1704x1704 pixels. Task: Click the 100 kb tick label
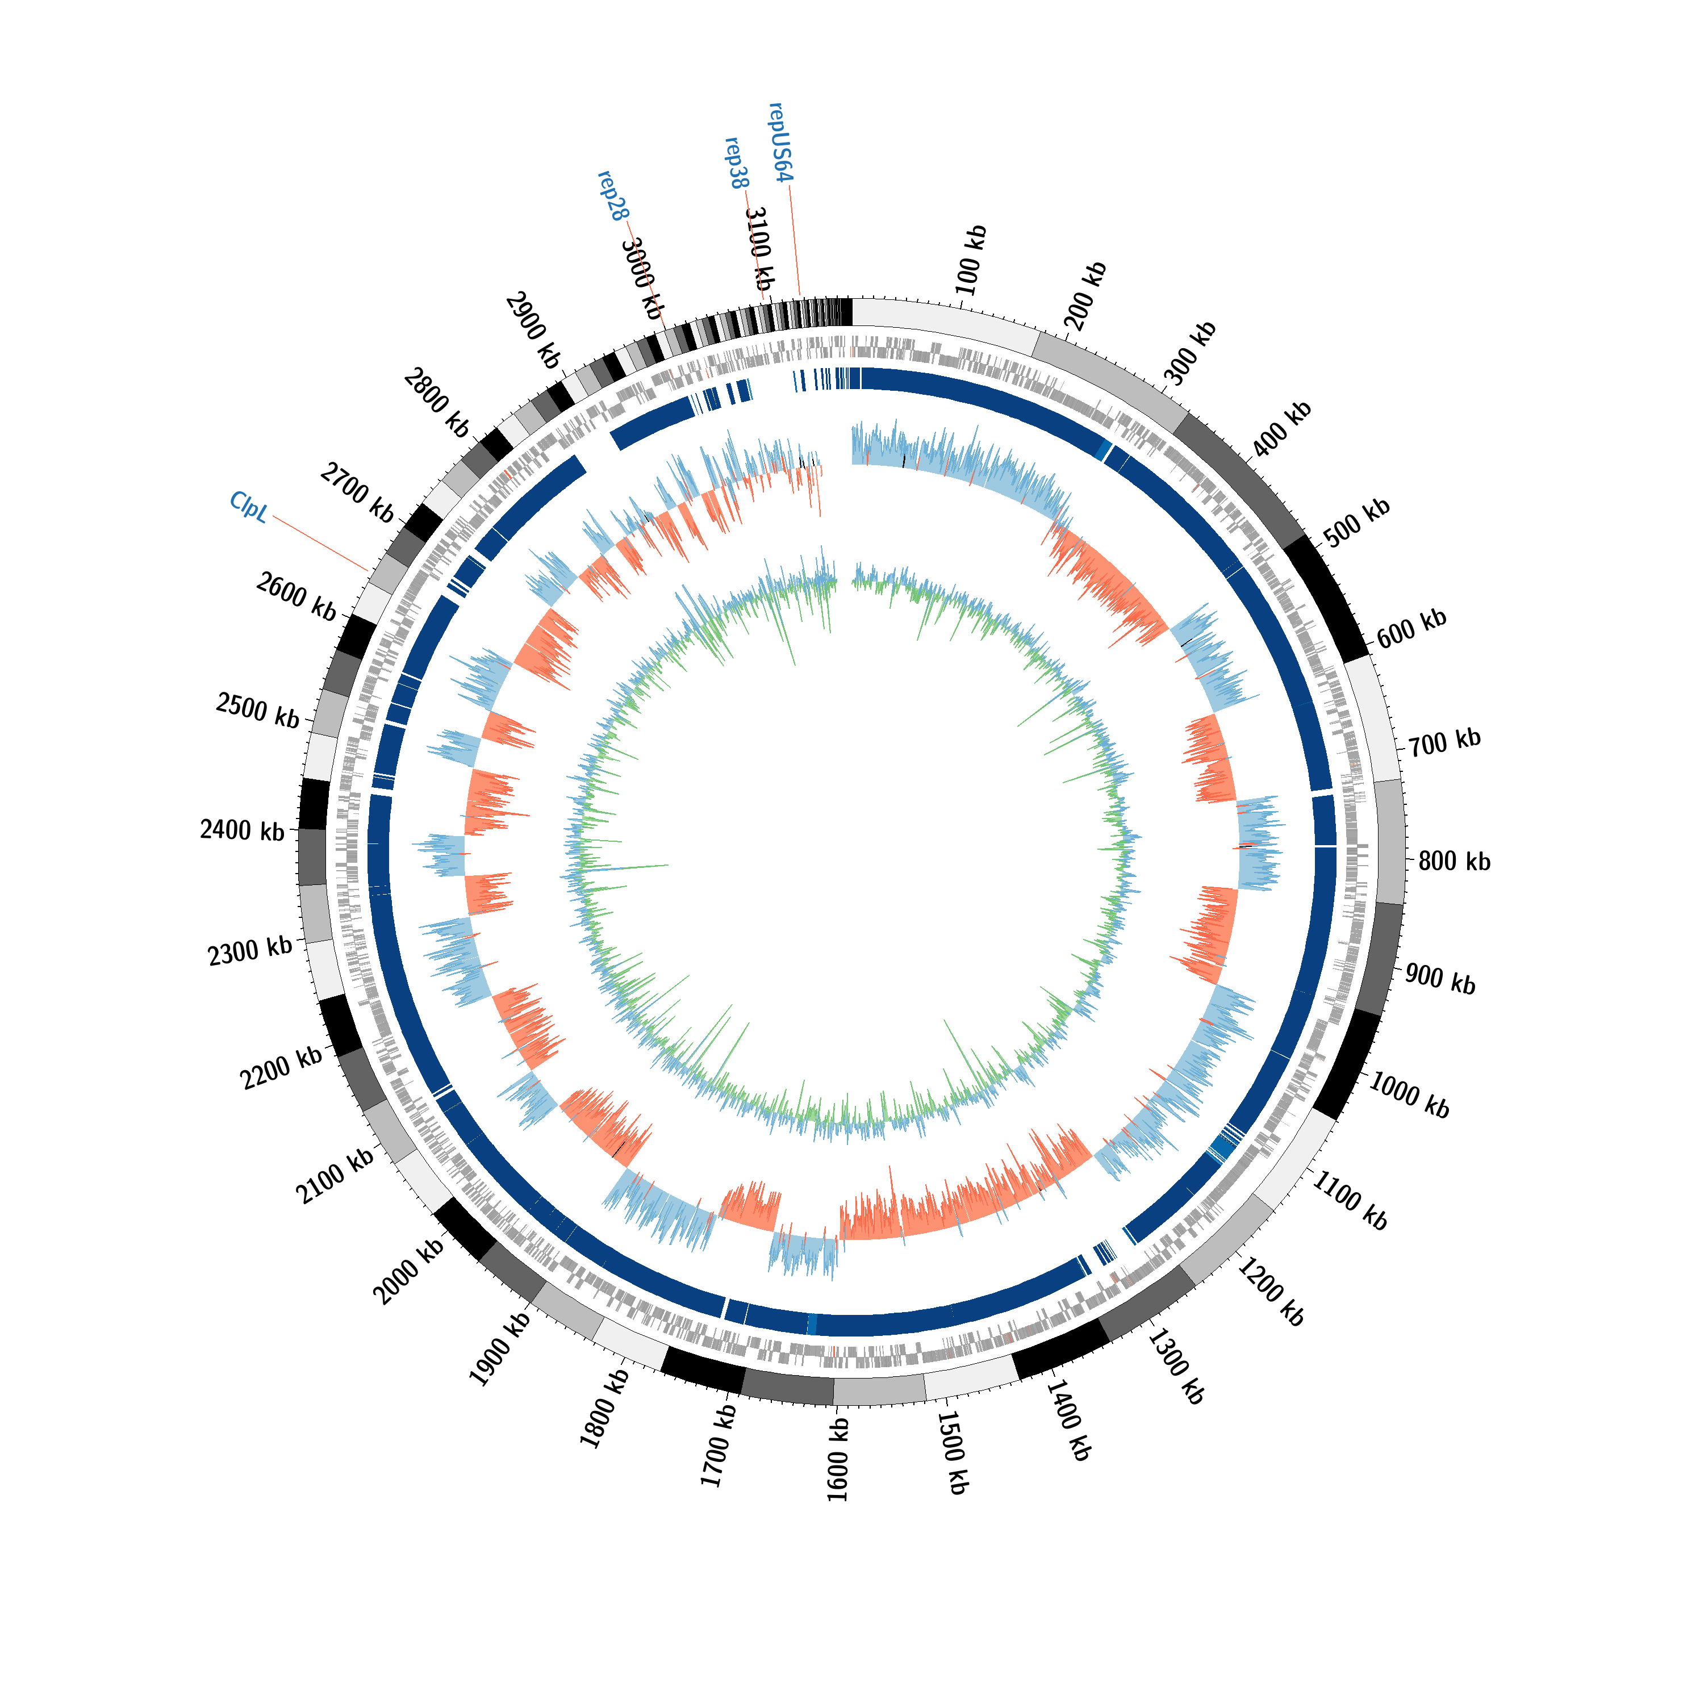(971, 260)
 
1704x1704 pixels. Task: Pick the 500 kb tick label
(1358, 522)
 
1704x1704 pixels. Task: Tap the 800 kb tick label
(1455, 861)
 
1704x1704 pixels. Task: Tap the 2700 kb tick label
(356, 492)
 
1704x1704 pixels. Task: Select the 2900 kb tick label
(533, 331)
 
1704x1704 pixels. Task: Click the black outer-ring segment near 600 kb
(1326, 598)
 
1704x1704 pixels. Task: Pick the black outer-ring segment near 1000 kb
(1346, 1064)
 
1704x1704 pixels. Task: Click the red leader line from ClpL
(321, 544)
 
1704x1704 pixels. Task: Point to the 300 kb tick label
(1191, 354)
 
